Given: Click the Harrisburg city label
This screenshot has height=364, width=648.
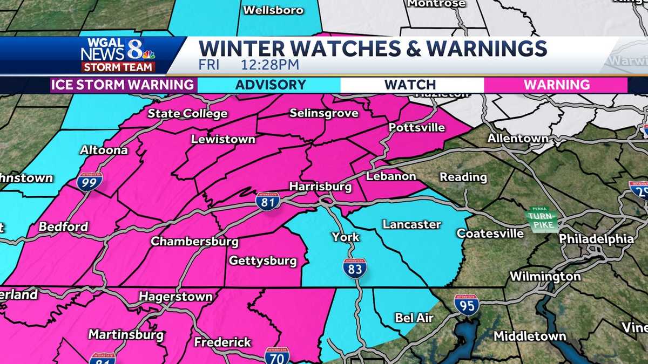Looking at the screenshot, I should click(x=320, y=187).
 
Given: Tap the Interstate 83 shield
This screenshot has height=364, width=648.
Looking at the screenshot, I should click(x=354, y=267).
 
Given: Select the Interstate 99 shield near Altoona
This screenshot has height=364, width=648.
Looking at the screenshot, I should click(x=89, y=182).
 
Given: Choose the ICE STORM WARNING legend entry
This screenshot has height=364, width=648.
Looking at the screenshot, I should click(x=123, y=85).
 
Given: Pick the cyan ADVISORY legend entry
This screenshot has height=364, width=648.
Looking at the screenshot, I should click(x=271, y=85).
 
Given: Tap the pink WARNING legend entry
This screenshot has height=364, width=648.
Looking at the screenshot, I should click(x=557, y=85).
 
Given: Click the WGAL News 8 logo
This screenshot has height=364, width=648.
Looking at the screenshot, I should click(x=118, y=55).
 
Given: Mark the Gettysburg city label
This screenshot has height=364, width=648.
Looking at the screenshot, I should click(x=263, y=261).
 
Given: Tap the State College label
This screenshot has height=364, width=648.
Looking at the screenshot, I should click(x=187, y=113).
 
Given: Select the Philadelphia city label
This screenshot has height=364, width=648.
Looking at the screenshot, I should click(x=596, y=238).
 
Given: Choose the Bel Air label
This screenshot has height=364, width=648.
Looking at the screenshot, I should click(x=414, y=318).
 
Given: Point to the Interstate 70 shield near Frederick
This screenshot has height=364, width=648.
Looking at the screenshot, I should click(x=276, y=356).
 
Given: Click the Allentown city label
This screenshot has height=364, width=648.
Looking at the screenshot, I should click(x=518, y=138).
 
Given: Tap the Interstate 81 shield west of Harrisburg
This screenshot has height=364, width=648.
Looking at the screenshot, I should click(x=268, y=201).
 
